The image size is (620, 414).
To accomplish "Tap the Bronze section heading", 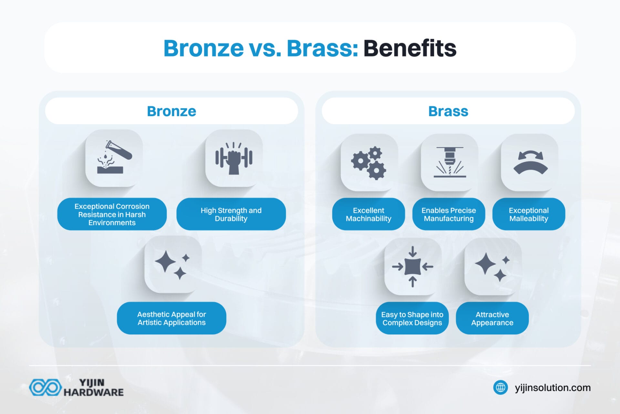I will pyautogui.click(x=171, y=111).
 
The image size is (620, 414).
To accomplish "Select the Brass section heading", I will pyautogui.click(x=448, y=111).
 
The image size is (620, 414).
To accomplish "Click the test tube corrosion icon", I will pyautogui.click(x=114, y=158).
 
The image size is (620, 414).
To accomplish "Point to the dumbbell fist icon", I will pyautogui.click(x=234, y=158).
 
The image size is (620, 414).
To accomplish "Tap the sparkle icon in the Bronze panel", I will pyautogui.click(x=173, y=264).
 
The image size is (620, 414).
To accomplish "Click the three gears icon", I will pyautogui.click(x=369, y=163).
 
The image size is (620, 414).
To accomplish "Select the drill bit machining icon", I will pyautogui.click(x=449, y=162).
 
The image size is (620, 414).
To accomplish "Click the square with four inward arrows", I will pyautogui.click(x=413, y=267).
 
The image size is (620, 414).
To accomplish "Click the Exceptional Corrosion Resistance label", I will pyautogui.click(x=112, y=214).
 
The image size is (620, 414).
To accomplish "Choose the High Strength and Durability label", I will pyautogui.click(x=231, y=214).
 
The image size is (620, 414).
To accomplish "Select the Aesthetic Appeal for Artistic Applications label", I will pyautogui.click(x=171, y=318).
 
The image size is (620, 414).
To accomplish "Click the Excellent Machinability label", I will pyautogui.click(x=368, y=214).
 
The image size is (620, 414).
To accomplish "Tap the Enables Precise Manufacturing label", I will pyautogui.click(x=449, y=214).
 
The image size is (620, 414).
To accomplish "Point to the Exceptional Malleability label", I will pyautogui.click(x=529, y=214).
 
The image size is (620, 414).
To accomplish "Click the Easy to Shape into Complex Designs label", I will pyautogui.click(x=412, y=318).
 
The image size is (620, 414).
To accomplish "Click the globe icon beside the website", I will pyautogui.click(x=501, y=387).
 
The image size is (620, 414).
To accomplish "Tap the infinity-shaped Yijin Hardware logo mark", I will pyautogui.click(x=45, y=387).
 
